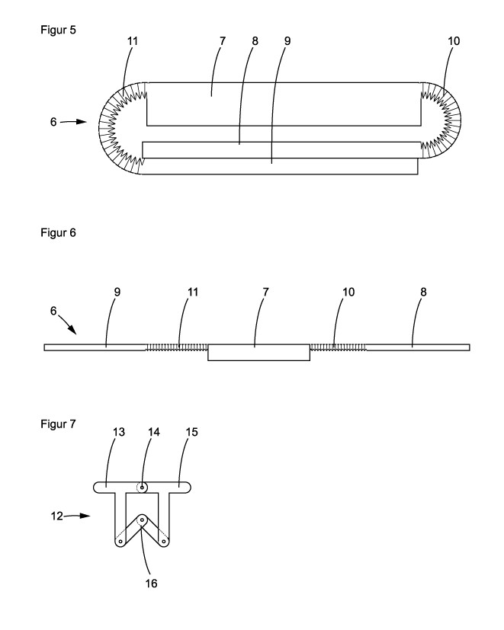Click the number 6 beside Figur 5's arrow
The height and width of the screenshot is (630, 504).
coord(54,122)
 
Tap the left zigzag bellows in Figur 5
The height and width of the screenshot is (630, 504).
coord(118,126)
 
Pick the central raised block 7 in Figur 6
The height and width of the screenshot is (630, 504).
coord(258,352)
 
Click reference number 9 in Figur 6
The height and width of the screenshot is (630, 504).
coord(106,293)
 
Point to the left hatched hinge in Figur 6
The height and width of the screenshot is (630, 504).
coord(176,347)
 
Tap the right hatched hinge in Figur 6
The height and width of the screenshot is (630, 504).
coord(338,347)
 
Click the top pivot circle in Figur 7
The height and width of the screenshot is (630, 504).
coord(143,487)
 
